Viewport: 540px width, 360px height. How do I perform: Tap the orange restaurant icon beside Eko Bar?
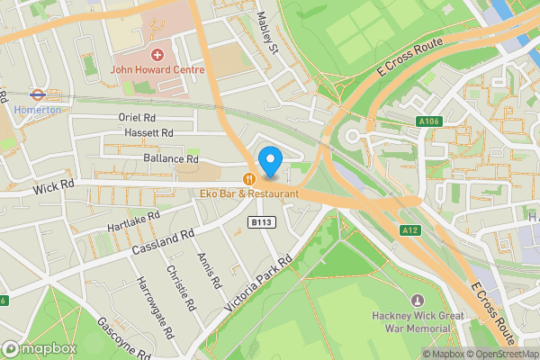(x=249, y=178)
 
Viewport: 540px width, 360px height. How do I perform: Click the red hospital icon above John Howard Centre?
(x=158, y=55)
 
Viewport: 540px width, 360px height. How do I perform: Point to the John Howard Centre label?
(x=158, y=69)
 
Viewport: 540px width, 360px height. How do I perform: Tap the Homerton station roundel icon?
(x=37, y=93)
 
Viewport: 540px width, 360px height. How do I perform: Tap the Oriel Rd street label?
(x=138, y=118)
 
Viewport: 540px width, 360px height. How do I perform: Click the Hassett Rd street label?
(x=150, y=133)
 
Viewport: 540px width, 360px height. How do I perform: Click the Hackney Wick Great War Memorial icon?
(x=416, y=301)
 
